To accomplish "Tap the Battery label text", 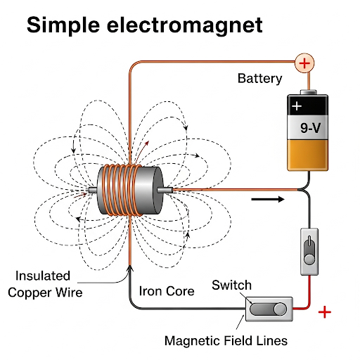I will click(259, 78).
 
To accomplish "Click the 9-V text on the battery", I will click(307, 129).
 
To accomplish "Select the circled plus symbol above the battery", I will click(304, 63).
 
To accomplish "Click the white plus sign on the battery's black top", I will click(297, 106).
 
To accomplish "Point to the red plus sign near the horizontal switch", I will click(325, 311).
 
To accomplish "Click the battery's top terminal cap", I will click(307, 91).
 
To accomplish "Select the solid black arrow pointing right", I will click(269, 199).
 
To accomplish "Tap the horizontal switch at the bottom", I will click(270, 309).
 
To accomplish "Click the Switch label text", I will click(231, 285).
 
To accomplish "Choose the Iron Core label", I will click(166, 290).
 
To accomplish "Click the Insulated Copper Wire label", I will click(44, 283).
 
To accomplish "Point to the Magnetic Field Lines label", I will click(226, 341).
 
